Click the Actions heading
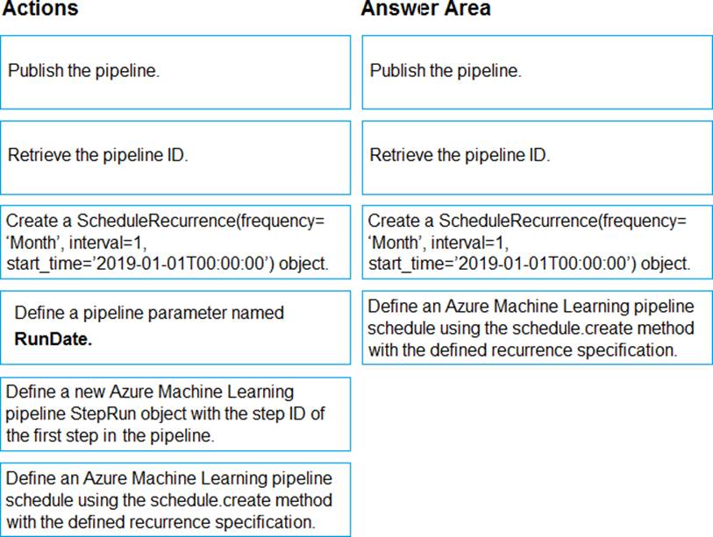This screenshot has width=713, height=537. [39, 10]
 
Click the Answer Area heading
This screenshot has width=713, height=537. [425, 10]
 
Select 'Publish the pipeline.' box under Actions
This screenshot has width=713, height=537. [175, 72]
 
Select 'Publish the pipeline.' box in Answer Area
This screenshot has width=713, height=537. [537, 72]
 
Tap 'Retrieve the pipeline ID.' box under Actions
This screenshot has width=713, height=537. [175, 157]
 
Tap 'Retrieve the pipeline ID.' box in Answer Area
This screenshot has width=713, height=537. [537, 157]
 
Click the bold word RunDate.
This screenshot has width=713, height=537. [53, 340]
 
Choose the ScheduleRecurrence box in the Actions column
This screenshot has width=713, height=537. [175, 242]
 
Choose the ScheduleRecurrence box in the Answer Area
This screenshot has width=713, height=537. [537, 242]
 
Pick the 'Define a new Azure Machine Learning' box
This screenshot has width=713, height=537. [175, 413]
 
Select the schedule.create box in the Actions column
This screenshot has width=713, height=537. [175, 500]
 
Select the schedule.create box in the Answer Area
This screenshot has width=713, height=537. [537, 329]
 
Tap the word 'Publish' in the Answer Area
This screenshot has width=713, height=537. [397, 71]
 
